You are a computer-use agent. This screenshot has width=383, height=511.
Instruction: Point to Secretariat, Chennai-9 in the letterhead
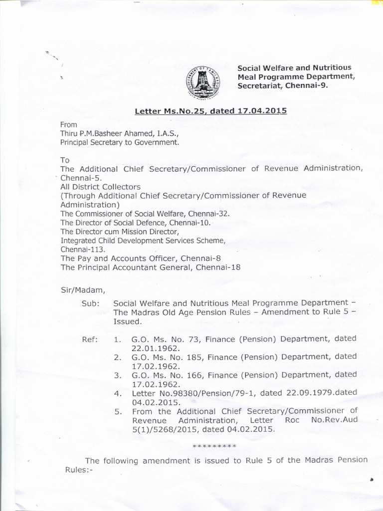click(x=283, y=85)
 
